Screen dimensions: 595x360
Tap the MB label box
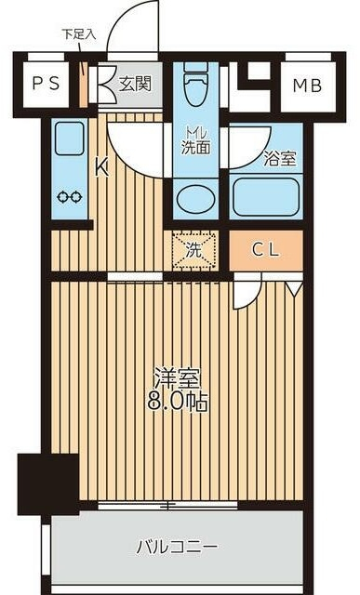click(307, 86)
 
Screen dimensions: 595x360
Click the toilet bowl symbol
click(194, 89)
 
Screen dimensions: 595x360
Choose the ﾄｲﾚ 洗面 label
click(193, 139)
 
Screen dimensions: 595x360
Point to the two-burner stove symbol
click(70, 196)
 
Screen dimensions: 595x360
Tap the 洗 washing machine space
click(193, 249)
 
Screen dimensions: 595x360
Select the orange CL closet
click(266, 248)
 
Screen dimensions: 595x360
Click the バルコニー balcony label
click(178, 545)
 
